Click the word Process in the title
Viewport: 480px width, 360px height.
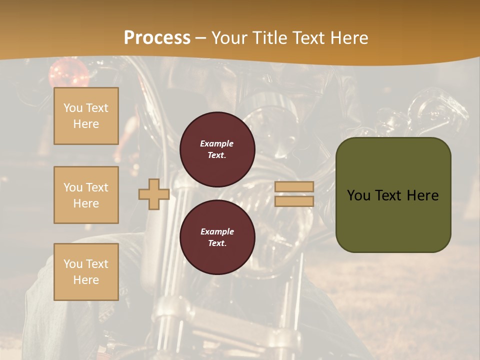click(x=157, y=38)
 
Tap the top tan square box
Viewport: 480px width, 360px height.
click(x=86, y=116)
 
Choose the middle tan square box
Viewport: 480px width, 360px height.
click(x=86, y=195)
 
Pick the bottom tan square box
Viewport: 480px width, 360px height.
click(x=86, y=272)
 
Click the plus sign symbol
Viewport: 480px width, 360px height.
click(x=153, y=194)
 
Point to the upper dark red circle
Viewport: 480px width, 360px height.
click(x=217, y=149)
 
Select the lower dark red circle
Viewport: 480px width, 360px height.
click(x=217, y=237)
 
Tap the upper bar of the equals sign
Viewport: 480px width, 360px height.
click(x=294, y=186)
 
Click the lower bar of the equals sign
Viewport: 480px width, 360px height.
click(x=294, y=201)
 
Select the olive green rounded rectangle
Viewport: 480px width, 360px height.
click(x=393, y=194)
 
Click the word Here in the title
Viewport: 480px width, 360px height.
click(x=349, y=38)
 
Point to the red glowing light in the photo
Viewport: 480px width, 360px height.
click(x=63, y=70)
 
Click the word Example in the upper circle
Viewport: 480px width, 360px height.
click(x=217, y=143)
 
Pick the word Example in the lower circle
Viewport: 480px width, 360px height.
click(x=217, y=231)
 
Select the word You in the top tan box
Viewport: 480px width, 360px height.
click(x=73, y=108)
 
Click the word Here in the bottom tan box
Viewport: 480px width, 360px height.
click(x=86, y=280)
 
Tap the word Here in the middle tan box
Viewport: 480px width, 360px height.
click(x=86, y=203)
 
